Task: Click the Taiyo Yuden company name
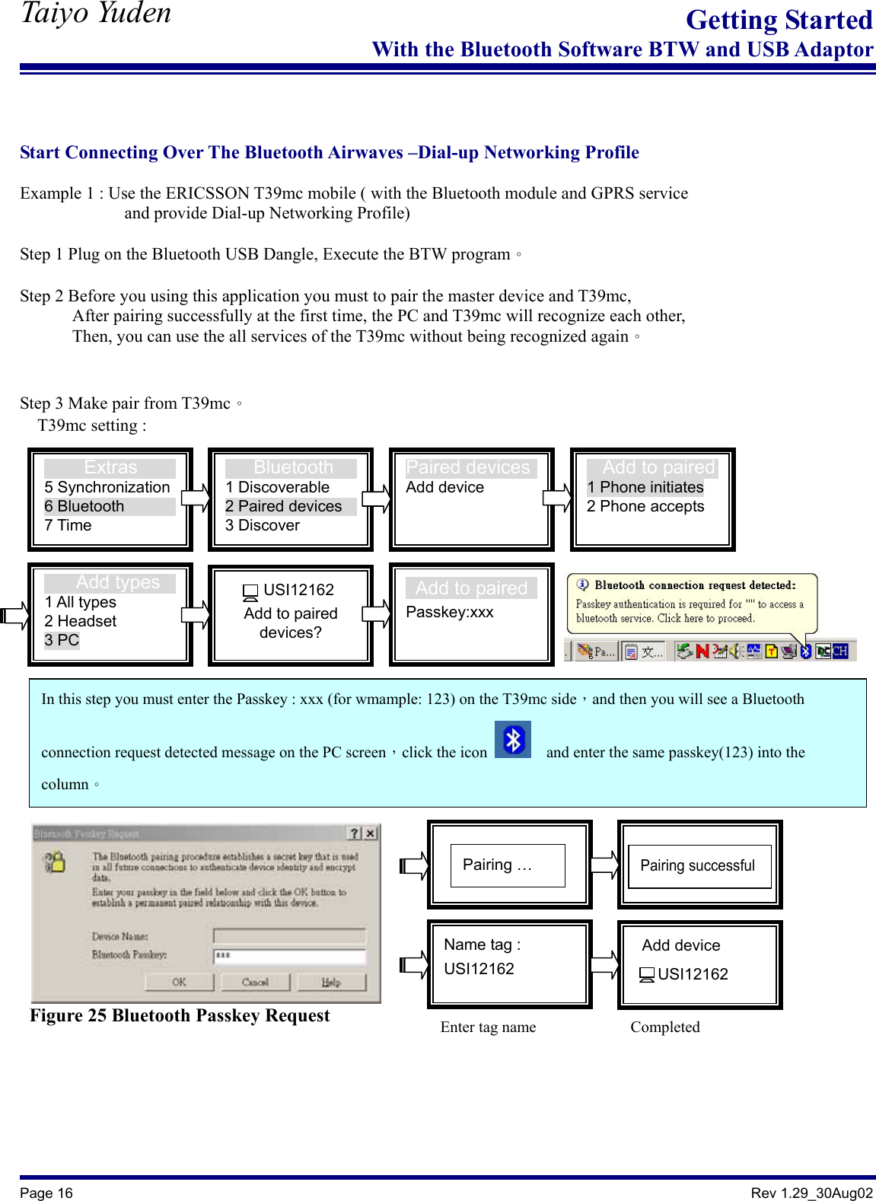96,13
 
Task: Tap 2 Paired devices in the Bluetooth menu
284,506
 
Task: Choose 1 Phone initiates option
645,487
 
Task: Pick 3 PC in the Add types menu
62,640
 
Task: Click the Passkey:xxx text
450,612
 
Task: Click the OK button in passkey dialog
179,982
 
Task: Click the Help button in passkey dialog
331,982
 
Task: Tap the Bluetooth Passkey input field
289,955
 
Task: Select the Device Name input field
289,935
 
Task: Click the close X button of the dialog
370,833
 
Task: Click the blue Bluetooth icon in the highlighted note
513,740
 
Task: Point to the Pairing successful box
698,865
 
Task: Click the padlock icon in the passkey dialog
55,862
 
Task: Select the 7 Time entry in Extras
68,525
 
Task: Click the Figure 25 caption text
180,1016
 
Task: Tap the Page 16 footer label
46,1193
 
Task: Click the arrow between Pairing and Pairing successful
605,865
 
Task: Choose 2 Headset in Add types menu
81,621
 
